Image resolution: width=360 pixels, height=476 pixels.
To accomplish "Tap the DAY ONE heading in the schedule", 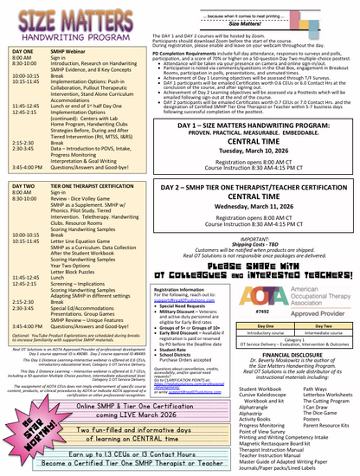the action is (x=22, y=53).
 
